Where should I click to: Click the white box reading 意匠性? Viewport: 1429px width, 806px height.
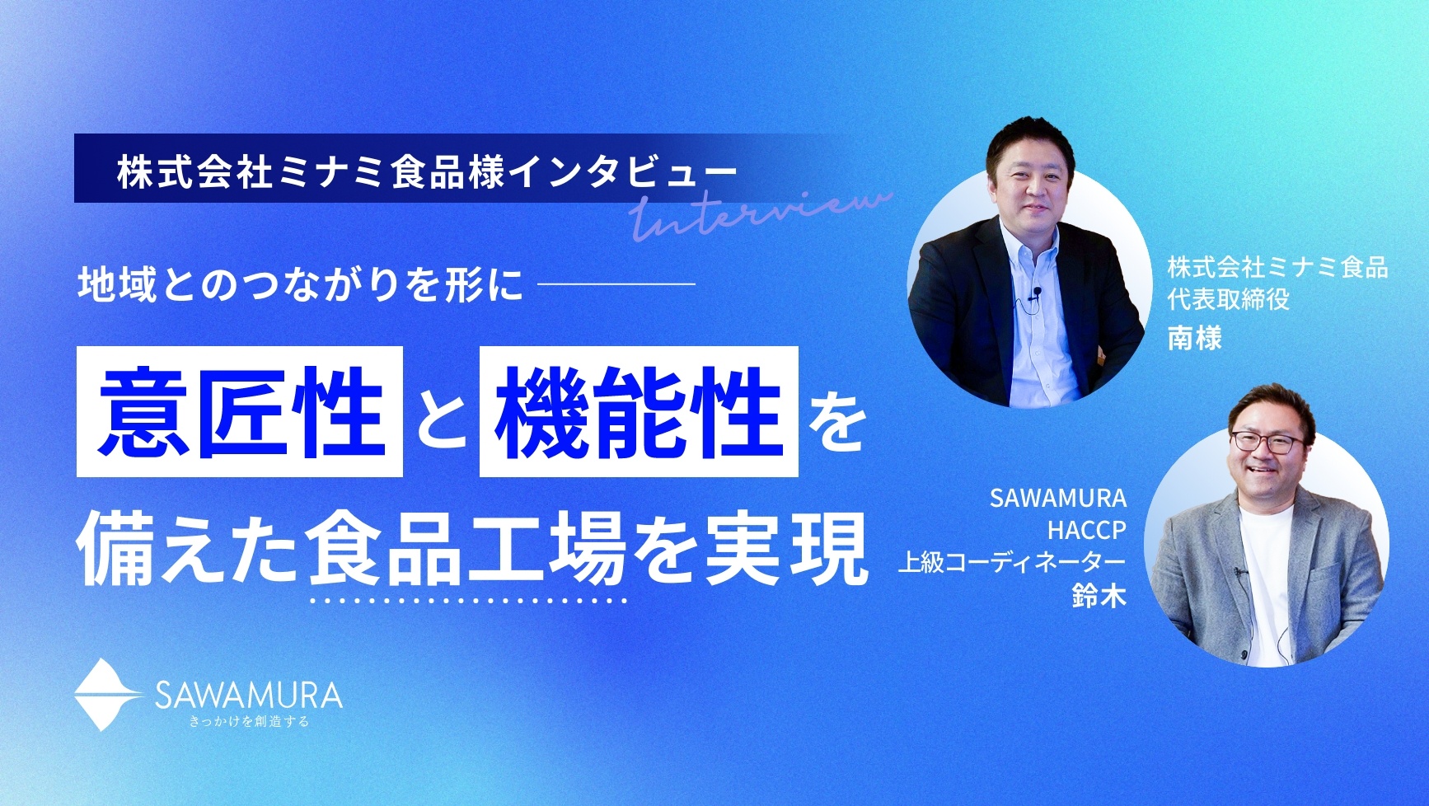239,411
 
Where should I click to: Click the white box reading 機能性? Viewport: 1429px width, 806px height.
639,411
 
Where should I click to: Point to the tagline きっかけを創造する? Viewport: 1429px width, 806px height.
249,723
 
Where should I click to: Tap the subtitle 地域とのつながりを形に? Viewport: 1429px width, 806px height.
301,284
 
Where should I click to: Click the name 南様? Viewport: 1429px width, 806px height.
1194,338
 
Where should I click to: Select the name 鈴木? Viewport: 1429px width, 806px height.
1099,595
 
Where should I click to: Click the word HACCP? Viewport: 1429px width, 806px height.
1086,529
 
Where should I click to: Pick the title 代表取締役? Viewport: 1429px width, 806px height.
1228,299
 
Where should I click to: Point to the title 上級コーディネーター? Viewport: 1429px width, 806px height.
1012,563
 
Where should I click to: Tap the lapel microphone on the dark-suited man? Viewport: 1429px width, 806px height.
1037,291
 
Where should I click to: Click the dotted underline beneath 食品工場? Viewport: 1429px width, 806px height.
467,600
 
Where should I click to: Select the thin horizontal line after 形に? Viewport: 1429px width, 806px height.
616,284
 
